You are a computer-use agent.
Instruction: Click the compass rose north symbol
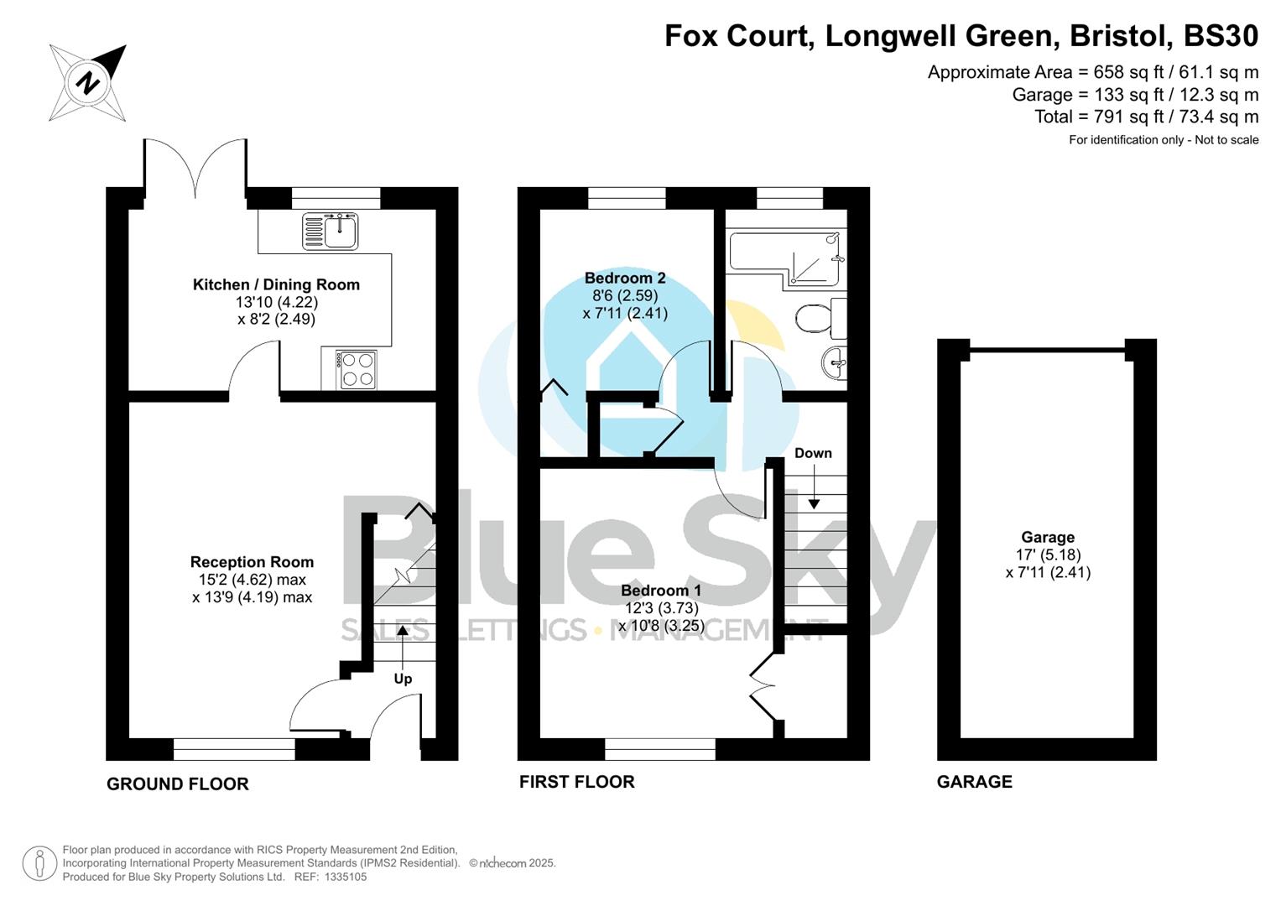(88, 83)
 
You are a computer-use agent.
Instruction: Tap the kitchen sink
(331, 232)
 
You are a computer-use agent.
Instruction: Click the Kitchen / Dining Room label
(276, 284)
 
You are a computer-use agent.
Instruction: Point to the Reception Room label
(252, 562)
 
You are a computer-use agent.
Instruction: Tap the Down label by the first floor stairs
(813, 453)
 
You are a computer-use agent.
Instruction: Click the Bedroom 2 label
(625, 278)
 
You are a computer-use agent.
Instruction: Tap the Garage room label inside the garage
(1048, 537)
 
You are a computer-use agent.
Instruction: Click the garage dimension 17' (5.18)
(1048, 555)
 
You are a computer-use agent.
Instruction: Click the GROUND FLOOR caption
(178, 784)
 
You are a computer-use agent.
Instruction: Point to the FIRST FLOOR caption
(576, 782)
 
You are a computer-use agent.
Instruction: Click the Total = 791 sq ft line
(1146, 117)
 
